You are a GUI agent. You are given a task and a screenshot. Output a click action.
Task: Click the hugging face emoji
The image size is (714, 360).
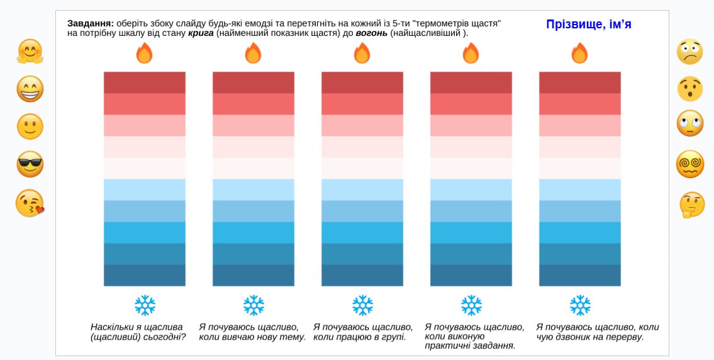(x=30, y=52)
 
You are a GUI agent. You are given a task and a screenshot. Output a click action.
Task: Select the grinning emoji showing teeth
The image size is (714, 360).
(x=30, y=89)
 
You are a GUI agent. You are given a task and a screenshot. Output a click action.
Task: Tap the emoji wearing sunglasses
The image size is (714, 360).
(x=30, y=164)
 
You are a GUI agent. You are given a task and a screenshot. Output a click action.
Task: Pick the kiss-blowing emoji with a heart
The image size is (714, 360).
(x=30, y=203)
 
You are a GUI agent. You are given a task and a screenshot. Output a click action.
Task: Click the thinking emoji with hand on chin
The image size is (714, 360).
(x=691, y=205)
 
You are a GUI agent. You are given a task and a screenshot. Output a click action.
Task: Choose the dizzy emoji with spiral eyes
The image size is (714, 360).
(x=689, y=164)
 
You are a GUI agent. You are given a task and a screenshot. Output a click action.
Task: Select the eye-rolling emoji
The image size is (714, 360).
(x=689, y=123)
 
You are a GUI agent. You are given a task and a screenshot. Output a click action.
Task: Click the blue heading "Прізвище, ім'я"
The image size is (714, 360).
(x=588, y=25)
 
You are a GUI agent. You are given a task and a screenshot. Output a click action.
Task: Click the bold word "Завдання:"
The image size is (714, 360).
(x=91, y=23)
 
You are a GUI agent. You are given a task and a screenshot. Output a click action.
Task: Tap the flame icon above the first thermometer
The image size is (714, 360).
(x=145, y=53)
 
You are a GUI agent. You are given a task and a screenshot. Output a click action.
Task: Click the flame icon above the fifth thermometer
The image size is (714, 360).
(x=579, y=53)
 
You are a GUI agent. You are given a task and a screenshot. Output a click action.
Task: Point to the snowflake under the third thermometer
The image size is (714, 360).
(x=362, y=305)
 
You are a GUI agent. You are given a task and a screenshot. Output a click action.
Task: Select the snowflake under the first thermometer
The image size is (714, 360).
(x=145, y=305)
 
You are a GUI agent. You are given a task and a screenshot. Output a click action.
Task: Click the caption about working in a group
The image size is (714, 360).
(x=362, y=332)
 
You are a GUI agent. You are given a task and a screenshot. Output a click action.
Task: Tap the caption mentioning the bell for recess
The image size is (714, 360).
(x=597, y=332)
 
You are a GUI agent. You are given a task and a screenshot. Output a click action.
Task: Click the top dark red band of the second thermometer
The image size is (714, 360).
(x=254, y=82)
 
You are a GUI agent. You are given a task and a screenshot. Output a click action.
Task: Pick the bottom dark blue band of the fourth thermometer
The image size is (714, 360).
(x=471, y=276)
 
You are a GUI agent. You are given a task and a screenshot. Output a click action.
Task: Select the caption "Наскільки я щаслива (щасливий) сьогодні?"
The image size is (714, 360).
(x=138, y=332)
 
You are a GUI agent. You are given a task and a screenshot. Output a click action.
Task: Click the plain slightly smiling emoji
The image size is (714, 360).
(x=30, y=127)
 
